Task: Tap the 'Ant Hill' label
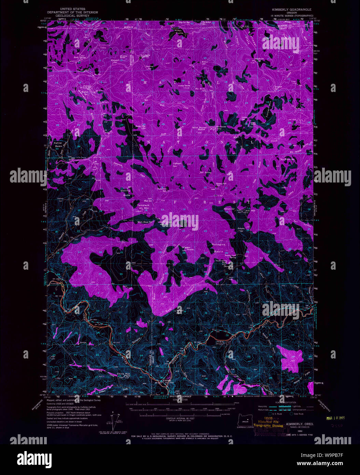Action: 251,211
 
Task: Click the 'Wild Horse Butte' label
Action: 199,129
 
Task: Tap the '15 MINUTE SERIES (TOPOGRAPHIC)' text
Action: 291,16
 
